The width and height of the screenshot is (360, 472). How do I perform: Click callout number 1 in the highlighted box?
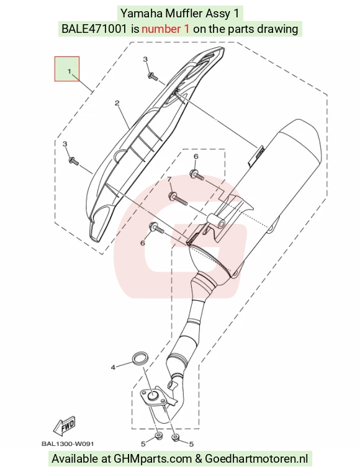click(70, 71)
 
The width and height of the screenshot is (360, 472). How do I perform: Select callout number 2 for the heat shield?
click(117, 103)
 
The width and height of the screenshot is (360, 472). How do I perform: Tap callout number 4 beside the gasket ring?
click(113, 368)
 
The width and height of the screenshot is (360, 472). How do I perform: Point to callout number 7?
click(169, 179)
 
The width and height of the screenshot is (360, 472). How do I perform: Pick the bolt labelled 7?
click(178, 198)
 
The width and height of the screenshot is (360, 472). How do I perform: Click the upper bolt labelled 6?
click(197, 175)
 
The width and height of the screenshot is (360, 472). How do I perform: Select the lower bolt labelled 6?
click(156, 228)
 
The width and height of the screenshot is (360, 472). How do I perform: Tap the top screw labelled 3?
click(153, 76)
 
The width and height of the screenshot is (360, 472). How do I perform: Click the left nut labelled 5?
click(157, 436)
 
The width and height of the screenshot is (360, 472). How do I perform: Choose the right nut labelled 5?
click(174, 437)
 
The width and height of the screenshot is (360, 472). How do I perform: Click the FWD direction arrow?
click(65, 427)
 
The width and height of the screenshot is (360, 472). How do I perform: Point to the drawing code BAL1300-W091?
click(68, 444)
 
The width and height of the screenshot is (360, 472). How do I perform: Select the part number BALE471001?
click(94, 29)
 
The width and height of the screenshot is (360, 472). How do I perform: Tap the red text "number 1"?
click(166, 29)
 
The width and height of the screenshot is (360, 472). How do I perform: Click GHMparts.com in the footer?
click(153, 459)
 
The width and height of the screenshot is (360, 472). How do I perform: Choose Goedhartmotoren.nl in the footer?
click(257, 459)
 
